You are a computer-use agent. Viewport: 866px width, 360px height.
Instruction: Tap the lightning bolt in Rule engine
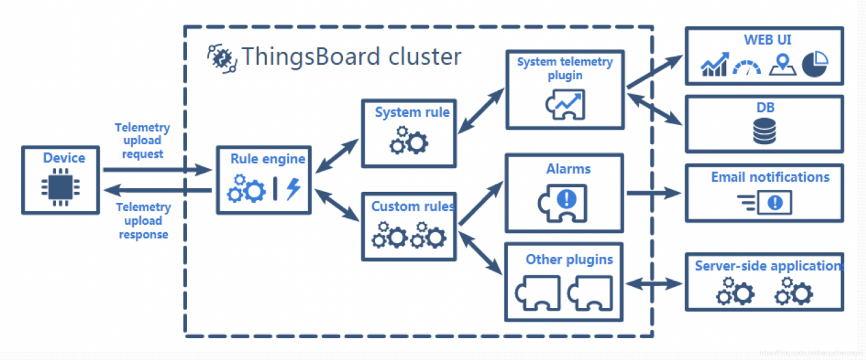click(x=294, y=189)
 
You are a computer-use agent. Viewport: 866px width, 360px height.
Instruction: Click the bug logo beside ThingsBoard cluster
click(x=222, y=57)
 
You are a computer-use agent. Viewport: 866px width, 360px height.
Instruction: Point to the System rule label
click(x=412, y=112)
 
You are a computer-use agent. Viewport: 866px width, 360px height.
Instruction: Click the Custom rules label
click(x=412, y=206)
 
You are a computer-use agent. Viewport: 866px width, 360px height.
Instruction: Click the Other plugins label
click(x=569, y=260)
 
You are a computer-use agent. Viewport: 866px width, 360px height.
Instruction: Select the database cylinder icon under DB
click(x=764, y=130)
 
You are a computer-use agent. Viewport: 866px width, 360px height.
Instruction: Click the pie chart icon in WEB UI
click(x=814, y=64)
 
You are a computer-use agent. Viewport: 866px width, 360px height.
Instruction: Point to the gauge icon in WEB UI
click(x=746, y=67)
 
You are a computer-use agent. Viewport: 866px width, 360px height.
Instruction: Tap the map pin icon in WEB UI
click(x=782, y=64)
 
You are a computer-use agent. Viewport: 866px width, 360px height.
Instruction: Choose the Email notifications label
click(x=770, y=177)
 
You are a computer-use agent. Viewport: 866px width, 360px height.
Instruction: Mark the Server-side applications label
click(x=768, y=266)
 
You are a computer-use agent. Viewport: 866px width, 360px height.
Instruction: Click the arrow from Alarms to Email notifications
click(x=654, y=193)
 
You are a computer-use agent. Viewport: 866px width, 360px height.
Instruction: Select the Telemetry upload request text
click(x=143, y=140)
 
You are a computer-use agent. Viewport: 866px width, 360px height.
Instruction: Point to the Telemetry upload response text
click(x=143, y=221)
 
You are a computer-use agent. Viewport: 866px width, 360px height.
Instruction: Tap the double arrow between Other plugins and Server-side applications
click(x=654, y=283)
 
